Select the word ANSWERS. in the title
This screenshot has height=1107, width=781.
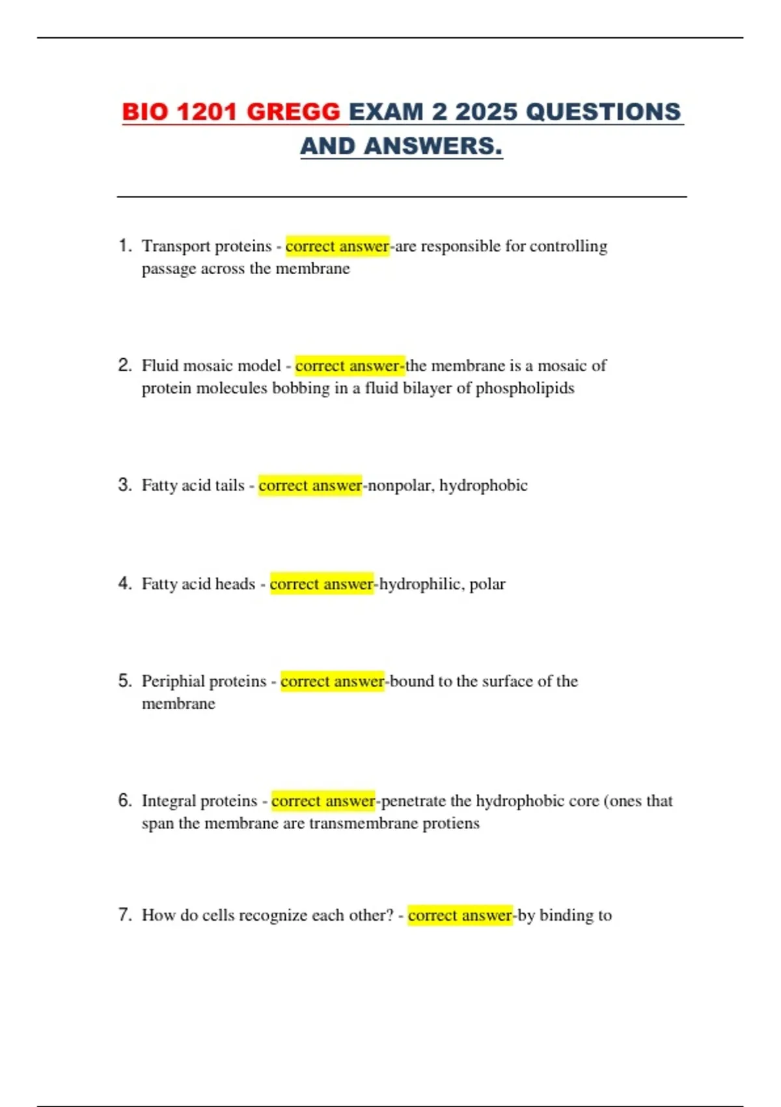433,147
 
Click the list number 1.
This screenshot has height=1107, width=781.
124,246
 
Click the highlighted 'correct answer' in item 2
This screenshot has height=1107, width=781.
349,366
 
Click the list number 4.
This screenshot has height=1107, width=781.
124,583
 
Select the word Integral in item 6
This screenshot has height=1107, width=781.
167,801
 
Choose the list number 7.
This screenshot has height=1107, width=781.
124,915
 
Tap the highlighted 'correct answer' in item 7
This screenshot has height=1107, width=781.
460,916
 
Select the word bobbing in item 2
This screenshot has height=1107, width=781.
301,389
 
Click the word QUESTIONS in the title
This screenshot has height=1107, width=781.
603,112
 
